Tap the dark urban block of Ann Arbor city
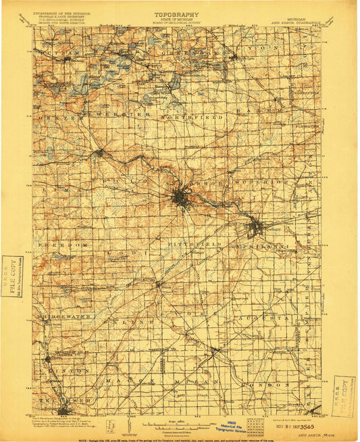[x=180, y=199]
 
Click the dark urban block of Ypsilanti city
[x=255, y=228]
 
